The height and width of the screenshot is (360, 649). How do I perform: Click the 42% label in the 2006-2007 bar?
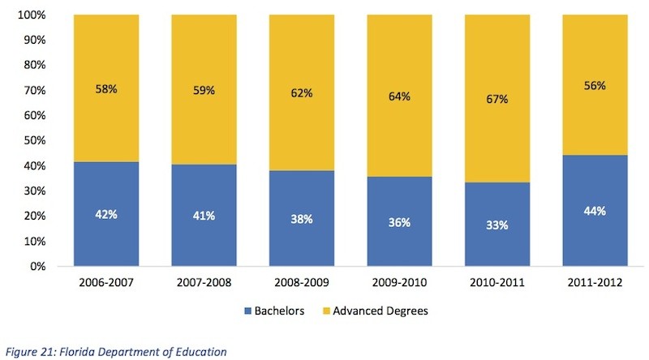(x=105, y=216)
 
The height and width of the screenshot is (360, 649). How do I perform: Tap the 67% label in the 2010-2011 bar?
(x=497, y=99)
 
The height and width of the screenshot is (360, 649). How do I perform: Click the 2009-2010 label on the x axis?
(x=399, y=284)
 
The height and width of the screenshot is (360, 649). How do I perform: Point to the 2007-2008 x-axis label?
(x=204, y=284)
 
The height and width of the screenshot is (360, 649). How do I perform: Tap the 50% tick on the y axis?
(x=34, y=140)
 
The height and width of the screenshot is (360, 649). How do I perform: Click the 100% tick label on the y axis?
(x=31, y=15)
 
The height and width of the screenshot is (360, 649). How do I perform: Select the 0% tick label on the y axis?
(x=37, y=266)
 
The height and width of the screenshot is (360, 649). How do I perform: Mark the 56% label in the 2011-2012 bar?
(x=595, y=85)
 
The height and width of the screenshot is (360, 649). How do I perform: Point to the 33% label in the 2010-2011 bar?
(x=497, y=225)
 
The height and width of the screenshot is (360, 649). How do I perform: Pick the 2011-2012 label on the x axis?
(x=595, y=284)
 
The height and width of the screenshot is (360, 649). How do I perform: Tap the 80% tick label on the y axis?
(x=34, y=65)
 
